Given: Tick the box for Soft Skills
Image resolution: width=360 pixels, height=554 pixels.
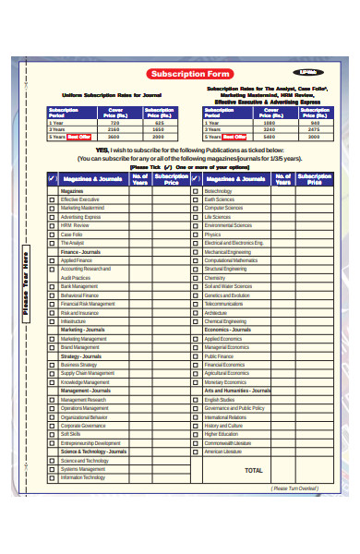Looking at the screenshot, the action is click(52, 434).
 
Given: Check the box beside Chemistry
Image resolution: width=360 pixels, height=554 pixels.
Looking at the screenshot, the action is click(196, 277).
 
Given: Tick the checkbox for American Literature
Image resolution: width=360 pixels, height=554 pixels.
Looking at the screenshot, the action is click(196, 452).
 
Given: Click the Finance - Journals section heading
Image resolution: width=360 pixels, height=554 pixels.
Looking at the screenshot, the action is click(80, 251).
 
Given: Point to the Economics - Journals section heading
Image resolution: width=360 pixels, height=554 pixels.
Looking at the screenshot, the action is click(227, 330).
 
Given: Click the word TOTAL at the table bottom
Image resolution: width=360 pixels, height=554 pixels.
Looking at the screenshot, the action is click(253, 470).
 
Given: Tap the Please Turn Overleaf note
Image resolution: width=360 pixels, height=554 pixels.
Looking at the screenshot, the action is click(293, 488).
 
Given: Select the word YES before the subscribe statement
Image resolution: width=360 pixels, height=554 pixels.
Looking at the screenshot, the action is click(102, 150).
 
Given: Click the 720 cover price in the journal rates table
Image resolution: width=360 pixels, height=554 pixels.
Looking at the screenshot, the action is click(114, 123).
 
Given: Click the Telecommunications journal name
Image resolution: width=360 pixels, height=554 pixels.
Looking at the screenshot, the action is click(223, 303).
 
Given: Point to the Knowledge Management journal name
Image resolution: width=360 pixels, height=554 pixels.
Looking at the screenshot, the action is click(85, 381).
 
